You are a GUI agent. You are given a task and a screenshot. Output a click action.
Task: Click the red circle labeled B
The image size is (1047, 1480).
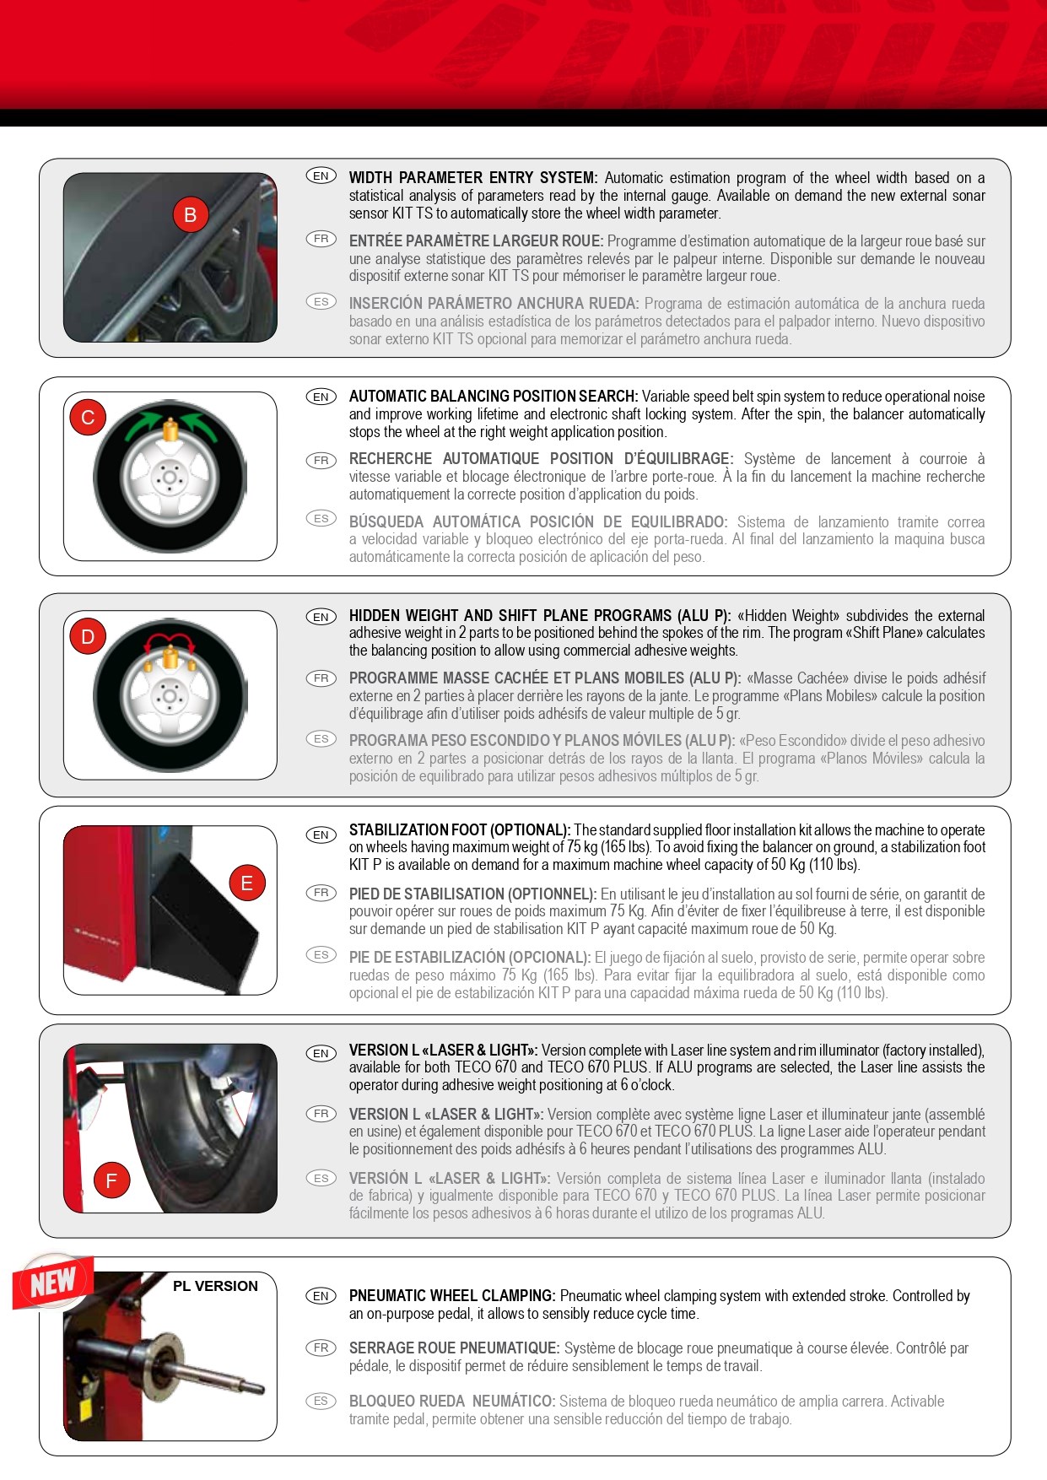click(191, 215)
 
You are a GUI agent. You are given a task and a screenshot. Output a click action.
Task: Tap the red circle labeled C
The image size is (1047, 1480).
click(88, 418)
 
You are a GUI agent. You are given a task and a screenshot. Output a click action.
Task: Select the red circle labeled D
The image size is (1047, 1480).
click(88, 637)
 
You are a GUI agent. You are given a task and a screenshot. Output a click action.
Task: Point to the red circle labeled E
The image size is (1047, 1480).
click(247, 883)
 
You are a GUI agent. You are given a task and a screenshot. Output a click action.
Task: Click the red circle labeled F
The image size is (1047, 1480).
click(111, 1180)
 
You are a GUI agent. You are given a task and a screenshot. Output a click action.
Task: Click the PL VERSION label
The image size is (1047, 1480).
click(215, 1286)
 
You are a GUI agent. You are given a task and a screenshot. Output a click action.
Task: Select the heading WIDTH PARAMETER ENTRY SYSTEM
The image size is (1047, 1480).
click(473, 178)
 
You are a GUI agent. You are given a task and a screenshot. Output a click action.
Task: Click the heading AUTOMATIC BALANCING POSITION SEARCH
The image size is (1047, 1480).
click(494, 397)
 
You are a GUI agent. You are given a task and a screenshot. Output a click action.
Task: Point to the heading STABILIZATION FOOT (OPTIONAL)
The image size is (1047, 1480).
click(460, 830)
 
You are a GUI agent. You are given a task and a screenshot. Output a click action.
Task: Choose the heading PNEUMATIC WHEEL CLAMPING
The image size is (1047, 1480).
click(452, 1296)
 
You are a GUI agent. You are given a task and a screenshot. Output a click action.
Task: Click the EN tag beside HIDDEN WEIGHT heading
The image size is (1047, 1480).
click(321, 617)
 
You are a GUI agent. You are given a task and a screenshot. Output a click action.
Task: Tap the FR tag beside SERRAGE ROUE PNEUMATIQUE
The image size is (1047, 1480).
click(321, 1348)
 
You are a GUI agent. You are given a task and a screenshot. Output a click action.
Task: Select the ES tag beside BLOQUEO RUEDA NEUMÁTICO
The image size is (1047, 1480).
click(321, 1401)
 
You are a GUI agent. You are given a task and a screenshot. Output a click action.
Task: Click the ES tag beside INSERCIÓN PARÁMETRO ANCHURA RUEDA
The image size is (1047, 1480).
click(321, 301)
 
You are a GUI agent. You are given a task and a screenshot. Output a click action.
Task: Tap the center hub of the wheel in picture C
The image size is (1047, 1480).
click(170, 478)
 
